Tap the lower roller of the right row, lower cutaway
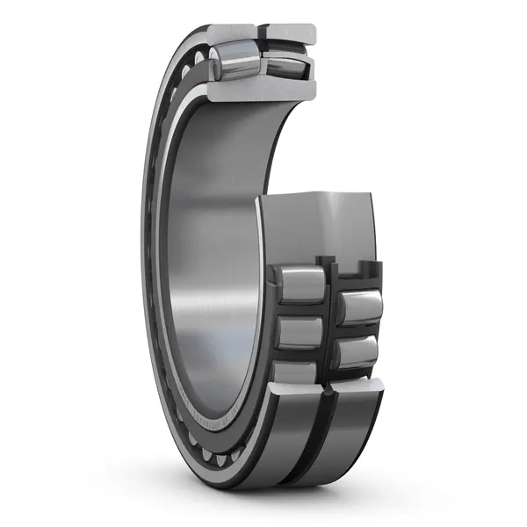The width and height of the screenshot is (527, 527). click(358, 354)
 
